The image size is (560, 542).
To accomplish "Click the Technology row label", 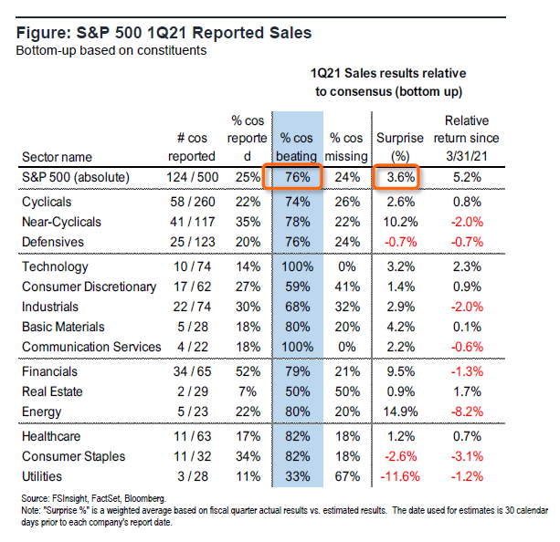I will pyautogui.click(x=55, y=267).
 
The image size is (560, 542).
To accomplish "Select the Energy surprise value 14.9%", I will pyautogui.click(x=396, y=411).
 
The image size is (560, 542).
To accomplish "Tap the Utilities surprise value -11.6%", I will pyautogui.click(x=395, y=475).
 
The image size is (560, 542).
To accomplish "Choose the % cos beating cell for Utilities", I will pyautogui.click(x=300, y=475).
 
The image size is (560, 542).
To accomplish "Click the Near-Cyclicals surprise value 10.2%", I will pyautogui.click(x=396, y=222).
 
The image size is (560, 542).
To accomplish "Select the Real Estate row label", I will pyautogui.click(x=53, y=391).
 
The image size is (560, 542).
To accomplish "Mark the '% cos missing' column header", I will pyautogui.click(x=345, y=147).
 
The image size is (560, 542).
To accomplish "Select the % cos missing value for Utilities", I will pyautogui.click(x=345, y=475).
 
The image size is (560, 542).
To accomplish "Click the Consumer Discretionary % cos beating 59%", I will pyautogui.click(x=300, y=287).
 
